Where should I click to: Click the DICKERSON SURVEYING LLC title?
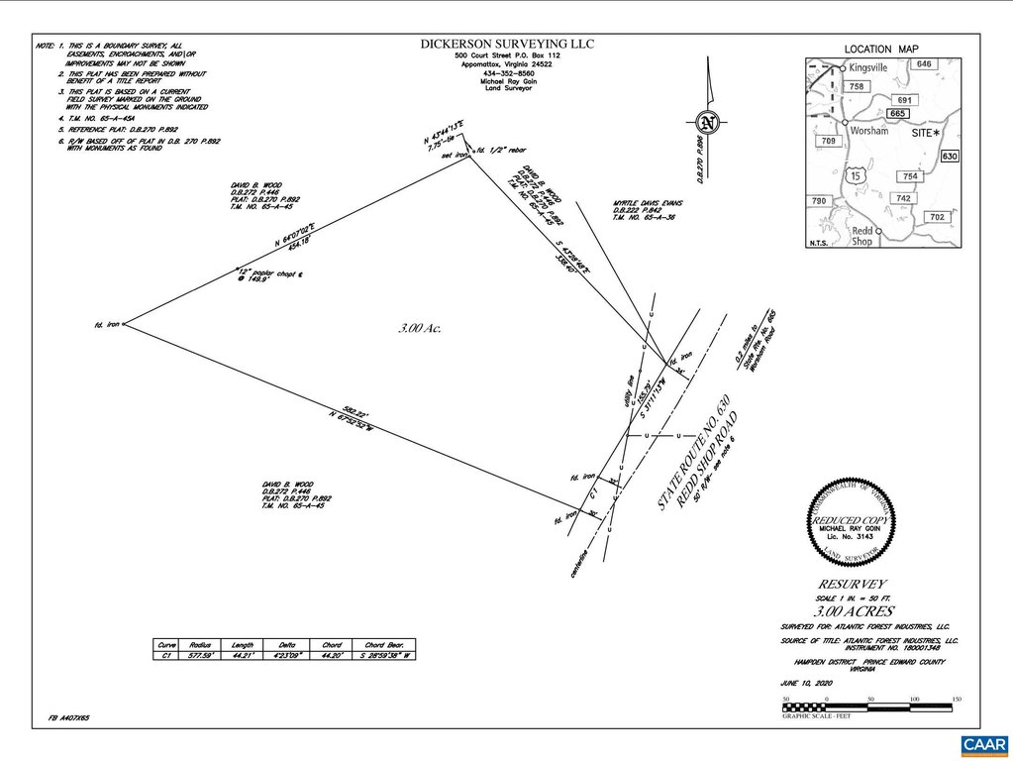click(508, 44)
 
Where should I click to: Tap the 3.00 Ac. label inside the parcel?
click(419, 328)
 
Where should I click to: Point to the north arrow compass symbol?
click(705, 123)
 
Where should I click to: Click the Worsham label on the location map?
click(867, 132)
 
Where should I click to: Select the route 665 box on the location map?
click(899, 114)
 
